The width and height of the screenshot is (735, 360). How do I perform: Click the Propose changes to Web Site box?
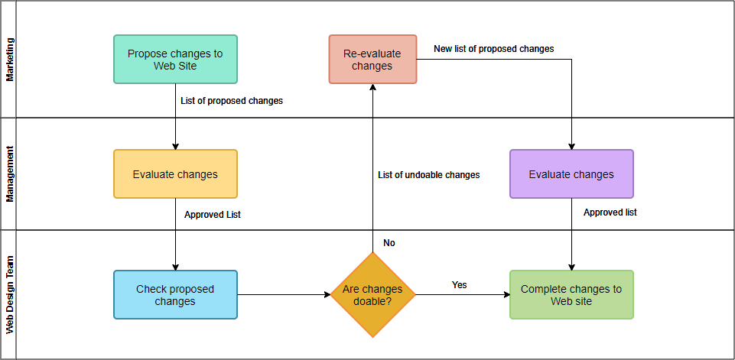pos(175,59)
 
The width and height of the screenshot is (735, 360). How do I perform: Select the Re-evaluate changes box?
pos(372,59)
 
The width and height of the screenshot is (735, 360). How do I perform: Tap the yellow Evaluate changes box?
pos(175,174)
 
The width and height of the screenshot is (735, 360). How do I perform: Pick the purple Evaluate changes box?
pos(571,174)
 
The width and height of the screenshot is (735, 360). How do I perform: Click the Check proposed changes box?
pos(175,294)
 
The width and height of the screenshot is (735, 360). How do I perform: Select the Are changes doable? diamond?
pos(372,294)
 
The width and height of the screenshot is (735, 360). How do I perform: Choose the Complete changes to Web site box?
pos(571,294)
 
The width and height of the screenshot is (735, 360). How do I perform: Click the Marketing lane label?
pos(10,60)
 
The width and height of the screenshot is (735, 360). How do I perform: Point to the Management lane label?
pos(10,174)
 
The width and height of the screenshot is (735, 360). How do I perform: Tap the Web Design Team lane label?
pos(10,294)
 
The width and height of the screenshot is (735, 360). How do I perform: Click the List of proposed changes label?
pos(232,101)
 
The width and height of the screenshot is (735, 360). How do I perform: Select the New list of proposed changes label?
pos(493,49)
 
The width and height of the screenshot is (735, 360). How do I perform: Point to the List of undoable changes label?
pos(429,175)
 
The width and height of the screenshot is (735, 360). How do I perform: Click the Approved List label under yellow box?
pos(213,215)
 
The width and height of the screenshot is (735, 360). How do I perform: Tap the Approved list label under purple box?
pos(610,212)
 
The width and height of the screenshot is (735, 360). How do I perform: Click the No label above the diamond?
pos(389,243)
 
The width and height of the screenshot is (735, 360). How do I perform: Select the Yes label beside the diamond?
pos(459,285)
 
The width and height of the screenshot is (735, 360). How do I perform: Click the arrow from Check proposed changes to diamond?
pos(283,294)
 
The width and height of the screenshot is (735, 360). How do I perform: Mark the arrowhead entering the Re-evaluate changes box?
pos(372,88)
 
